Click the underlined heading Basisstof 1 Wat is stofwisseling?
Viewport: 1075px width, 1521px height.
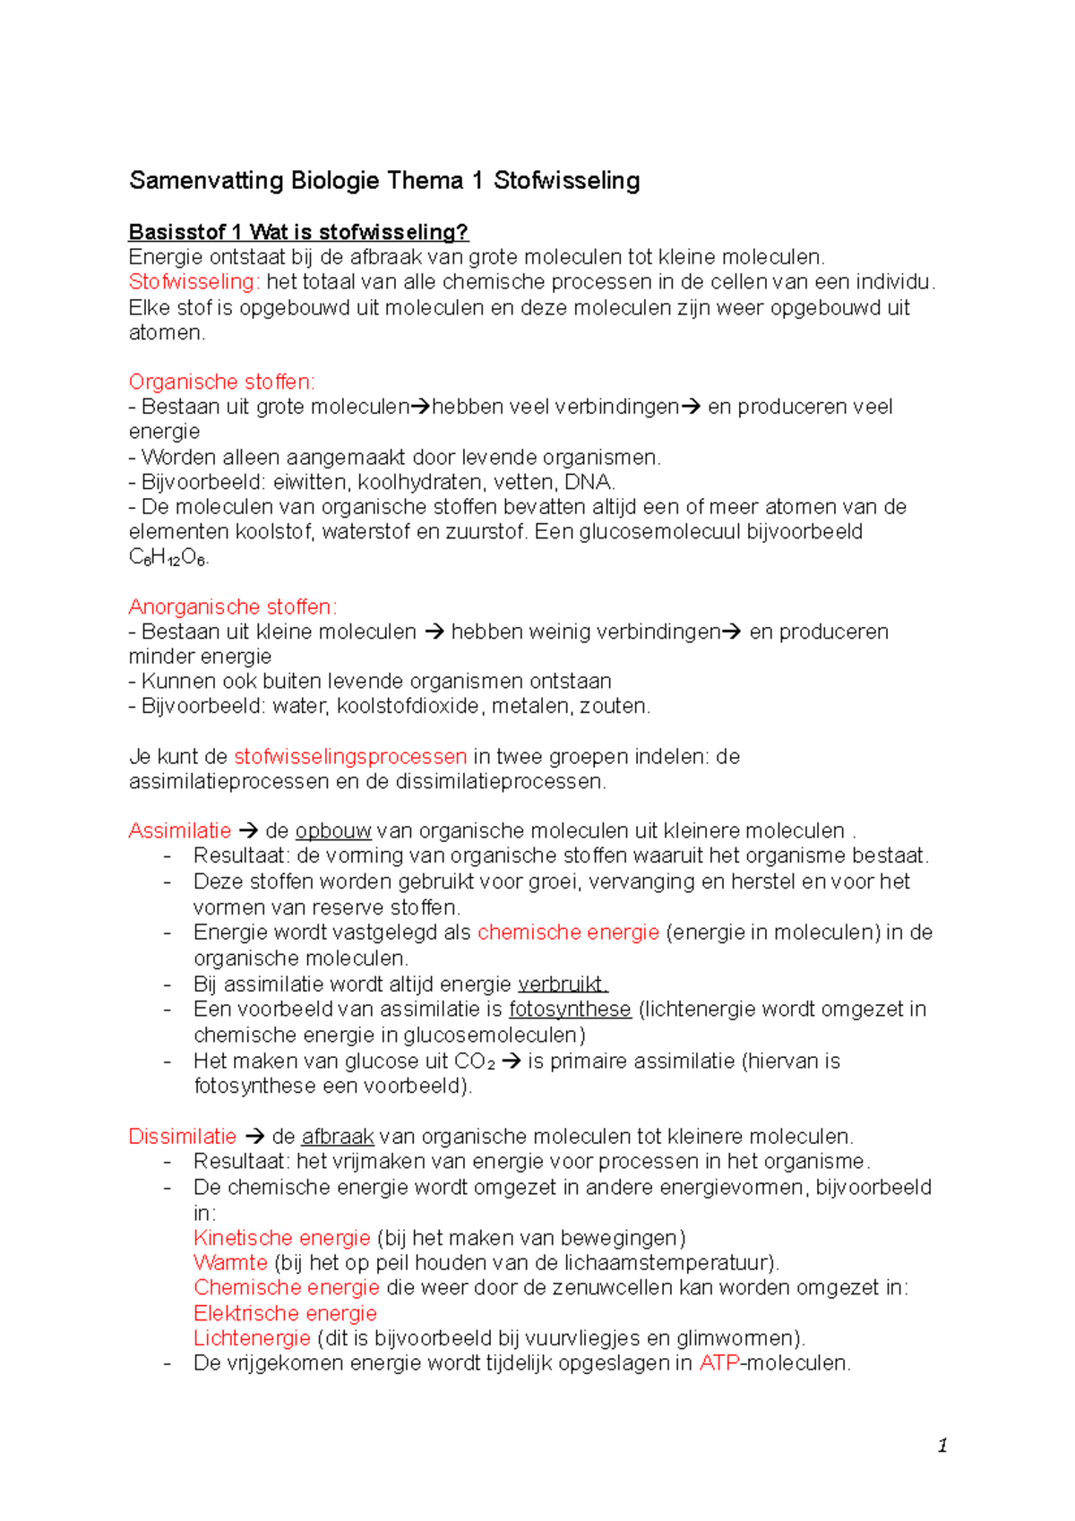298,232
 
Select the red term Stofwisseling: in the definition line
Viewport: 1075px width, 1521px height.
194,282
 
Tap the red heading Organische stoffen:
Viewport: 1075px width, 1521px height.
221,382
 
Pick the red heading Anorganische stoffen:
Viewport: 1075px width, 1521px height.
232,607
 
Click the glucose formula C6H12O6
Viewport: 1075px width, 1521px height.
168,557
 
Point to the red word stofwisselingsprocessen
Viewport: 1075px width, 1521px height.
349,757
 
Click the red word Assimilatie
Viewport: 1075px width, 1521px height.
179,831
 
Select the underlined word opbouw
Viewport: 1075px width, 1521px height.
332,831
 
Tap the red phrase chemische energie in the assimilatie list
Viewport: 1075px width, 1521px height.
568,932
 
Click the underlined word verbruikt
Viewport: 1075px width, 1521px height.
563,984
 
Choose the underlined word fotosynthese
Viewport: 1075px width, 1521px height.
570,1010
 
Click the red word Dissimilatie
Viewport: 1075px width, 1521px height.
182,1137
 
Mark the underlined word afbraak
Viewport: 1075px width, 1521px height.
337,1137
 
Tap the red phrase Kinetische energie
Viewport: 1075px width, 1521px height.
281,1238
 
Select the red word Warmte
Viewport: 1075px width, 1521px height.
230,1263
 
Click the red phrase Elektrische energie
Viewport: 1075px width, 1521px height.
285,1313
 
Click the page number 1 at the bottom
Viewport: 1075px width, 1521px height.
942,1445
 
